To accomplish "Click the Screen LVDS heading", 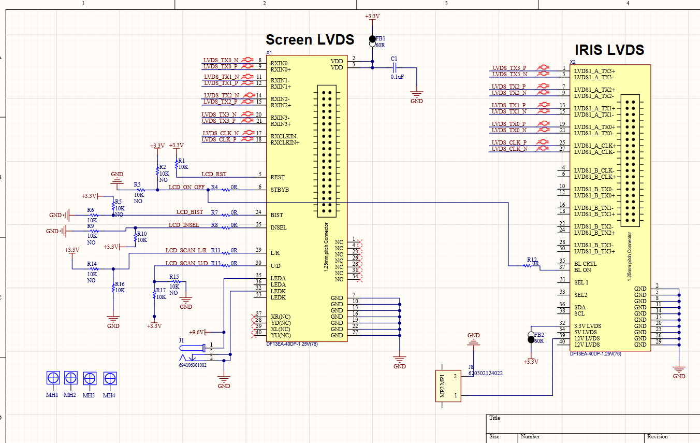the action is (x=310, y=40).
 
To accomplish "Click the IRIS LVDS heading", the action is (x=609, y=50).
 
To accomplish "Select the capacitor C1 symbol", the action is (x=394, y=67).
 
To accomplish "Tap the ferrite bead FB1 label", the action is (x=381, y=38).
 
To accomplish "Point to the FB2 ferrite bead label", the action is (x=539, y=335).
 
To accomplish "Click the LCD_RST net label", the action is (x=214, y=174).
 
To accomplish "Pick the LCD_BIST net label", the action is (x=189, y=212).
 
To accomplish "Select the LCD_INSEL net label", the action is (x=184, y=225).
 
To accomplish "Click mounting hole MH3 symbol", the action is (x=90, y=379).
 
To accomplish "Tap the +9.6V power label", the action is (x=196, y=332).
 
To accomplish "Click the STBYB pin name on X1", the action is (x=280, y=190).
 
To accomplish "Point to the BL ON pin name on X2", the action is (x=582, y=270).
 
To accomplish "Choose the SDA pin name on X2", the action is (x=580, y=307).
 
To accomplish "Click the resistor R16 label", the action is (x=120, y=284).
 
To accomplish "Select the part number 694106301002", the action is (x=193, y=365).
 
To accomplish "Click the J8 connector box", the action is (x=448, y=386).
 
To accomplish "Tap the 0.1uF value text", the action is (x=397, y=77).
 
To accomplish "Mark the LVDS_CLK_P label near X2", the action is (x=509, y=142).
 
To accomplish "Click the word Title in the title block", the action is (x=494, y=418).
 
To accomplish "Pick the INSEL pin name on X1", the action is (x=279, y=227).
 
